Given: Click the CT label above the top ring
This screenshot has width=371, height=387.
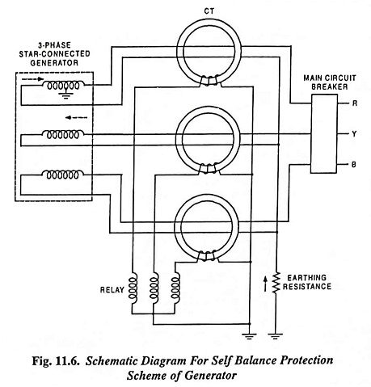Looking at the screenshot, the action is coord(209,11).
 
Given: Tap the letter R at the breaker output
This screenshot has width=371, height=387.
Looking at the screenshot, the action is coord(355,103).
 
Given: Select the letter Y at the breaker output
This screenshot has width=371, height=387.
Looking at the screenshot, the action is coord(354,133).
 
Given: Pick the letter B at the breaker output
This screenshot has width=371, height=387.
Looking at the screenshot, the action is coord(354,164).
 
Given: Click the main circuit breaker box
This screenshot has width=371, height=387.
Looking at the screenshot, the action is coord(324,133).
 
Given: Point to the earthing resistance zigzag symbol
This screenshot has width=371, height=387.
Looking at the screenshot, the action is coord(276,283).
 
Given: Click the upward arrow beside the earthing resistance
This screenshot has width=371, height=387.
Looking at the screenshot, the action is coord(266,284).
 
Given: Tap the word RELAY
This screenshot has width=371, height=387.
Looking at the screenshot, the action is coord(112,290).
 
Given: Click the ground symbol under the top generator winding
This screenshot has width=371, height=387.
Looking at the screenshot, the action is coord(65,95).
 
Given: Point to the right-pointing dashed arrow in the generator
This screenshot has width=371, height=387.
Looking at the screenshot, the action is coord(32,79).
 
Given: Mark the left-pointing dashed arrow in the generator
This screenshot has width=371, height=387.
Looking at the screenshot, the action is coord(77,117).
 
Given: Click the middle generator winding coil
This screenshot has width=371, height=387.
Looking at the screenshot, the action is coord(63,134).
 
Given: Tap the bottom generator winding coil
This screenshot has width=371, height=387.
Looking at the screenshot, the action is coord(63,175).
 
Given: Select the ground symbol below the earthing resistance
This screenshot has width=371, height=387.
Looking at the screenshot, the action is coord(276,336).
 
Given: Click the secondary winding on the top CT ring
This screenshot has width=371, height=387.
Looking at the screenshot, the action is coord(209,81).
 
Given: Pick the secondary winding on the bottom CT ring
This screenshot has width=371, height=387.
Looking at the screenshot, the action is coord(207,256).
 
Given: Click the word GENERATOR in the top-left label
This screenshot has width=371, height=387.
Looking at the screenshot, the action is coord(54,63).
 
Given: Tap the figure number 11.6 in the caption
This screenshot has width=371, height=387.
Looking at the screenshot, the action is coord(68,361).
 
